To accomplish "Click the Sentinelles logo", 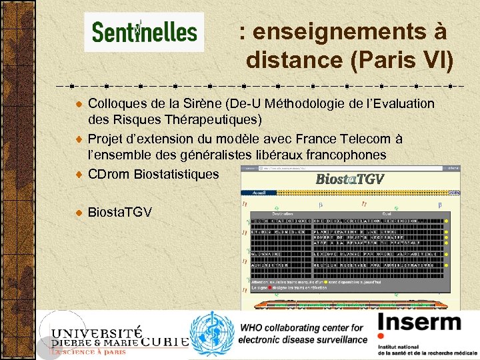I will tap(144, 32).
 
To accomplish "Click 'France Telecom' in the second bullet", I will tap(356, 139).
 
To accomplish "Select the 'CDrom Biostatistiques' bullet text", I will tap(153, 174).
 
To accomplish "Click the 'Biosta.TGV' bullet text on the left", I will tap(120, 212).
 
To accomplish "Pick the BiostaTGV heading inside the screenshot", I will tap(349, 179).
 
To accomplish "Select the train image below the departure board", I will tap(349, 303).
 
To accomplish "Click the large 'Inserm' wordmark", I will tap(419, 323).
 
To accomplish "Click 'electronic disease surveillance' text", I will tap(304, 339).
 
